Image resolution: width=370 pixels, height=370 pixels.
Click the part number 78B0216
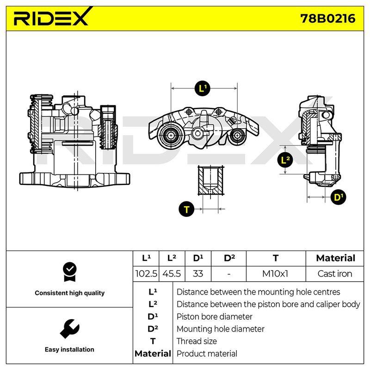[x=328, y=18]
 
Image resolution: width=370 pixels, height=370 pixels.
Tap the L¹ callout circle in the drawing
[x=203, y=88]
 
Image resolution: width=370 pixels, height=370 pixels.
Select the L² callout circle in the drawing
[x=285, y=160]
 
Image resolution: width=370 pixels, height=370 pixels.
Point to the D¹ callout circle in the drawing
[x=338, y=197]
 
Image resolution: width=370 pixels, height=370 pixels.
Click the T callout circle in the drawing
[x=186, y=210]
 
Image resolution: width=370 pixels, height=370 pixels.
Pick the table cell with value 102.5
[x=146, y=274]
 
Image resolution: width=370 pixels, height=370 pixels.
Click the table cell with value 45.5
[x=172, y=274]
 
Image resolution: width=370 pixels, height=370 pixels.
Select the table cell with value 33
[x=198, y=274]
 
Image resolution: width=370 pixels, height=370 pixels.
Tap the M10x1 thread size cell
[x=275, y=274]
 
